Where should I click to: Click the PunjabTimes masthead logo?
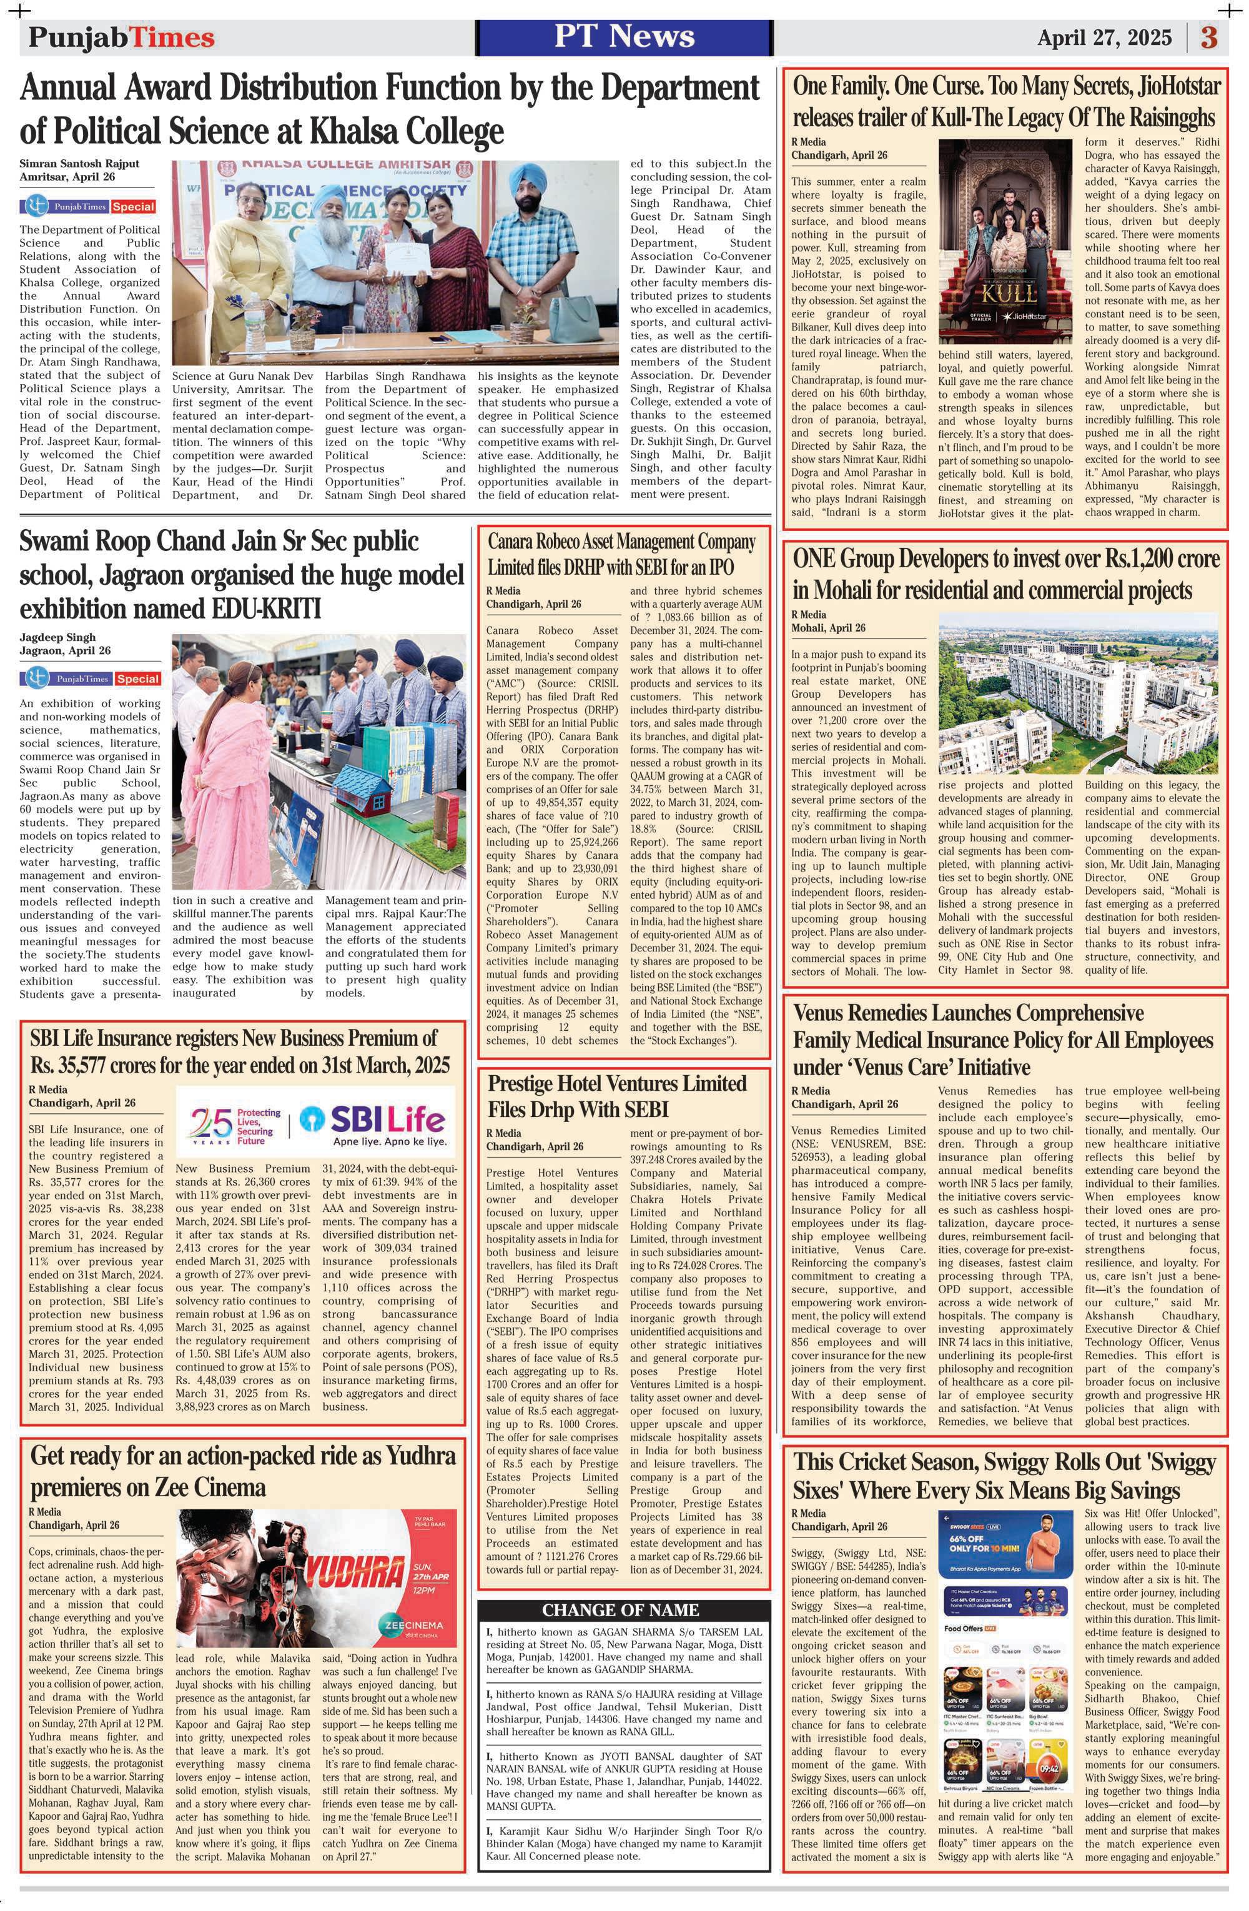tap(121, 37)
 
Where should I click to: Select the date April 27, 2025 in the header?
tap(1103, 37)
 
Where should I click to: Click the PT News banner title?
tap(624, 37)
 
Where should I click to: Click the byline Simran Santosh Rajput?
tap(79, 163)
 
